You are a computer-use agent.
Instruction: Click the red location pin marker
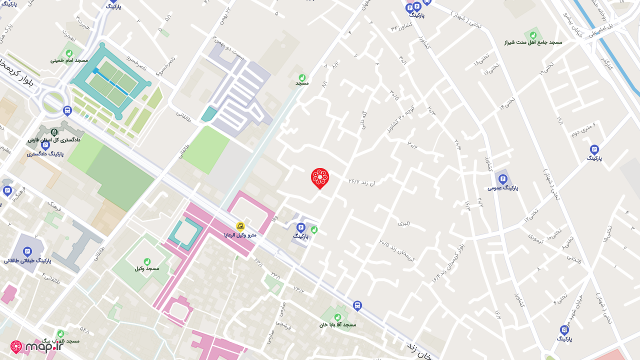click(320, 178)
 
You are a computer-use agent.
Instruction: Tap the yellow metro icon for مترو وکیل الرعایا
click(240, 226)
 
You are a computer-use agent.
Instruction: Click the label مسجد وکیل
click(147, 268)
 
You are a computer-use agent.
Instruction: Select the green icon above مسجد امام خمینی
click(69, 53)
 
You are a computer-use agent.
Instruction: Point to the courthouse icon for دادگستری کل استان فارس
click(54, 132)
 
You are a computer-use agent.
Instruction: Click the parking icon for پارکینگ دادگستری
click(45, 145)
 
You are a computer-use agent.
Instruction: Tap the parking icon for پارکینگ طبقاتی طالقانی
click(27, 251)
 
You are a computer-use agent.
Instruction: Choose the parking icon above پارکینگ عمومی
click(503, 179)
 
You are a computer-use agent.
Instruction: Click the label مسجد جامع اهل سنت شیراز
click(533, 42)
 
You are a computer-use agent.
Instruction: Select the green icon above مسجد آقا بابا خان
click(337, 317)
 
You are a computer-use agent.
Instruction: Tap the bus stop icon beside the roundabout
click(67, 110)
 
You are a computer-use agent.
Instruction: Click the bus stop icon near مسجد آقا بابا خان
click(357, 305)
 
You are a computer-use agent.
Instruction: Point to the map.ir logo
click(37, 346)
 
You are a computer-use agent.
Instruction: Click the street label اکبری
click(404, 223)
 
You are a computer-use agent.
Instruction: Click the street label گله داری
click(363, 121)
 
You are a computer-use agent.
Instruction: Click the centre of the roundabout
click(52, 101)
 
